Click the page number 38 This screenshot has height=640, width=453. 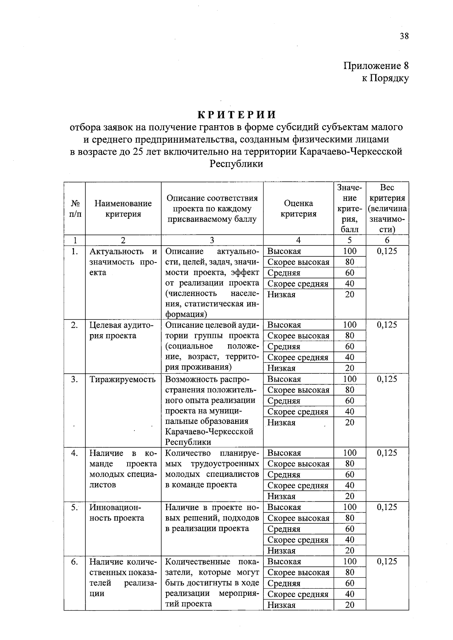(404, 36)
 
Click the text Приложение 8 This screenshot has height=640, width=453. (376, 66)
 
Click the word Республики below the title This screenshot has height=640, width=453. (236, 164)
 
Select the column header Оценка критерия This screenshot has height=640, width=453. (298, 209)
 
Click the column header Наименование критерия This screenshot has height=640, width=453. (123, 209)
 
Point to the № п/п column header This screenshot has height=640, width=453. (75, 209)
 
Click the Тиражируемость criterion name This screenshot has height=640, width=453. (123, 379)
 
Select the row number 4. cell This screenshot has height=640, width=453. (74, 453)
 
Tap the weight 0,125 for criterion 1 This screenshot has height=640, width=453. (387, 251)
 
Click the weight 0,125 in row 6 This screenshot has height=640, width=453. (387, 562)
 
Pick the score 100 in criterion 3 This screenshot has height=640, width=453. (350, 379)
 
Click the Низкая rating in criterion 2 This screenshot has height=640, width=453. (281, 368)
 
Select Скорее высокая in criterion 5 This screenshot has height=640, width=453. (298, 518)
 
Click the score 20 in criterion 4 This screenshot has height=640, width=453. (350, 496)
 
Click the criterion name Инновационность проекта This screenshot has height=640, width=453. (117, 513)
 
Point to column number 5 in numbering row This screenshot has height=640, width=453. (350, 240)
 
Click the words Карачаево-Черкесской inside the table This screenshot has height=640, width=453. (209, 432)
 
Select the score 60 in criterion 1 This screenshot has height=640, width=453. (350, 273)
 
